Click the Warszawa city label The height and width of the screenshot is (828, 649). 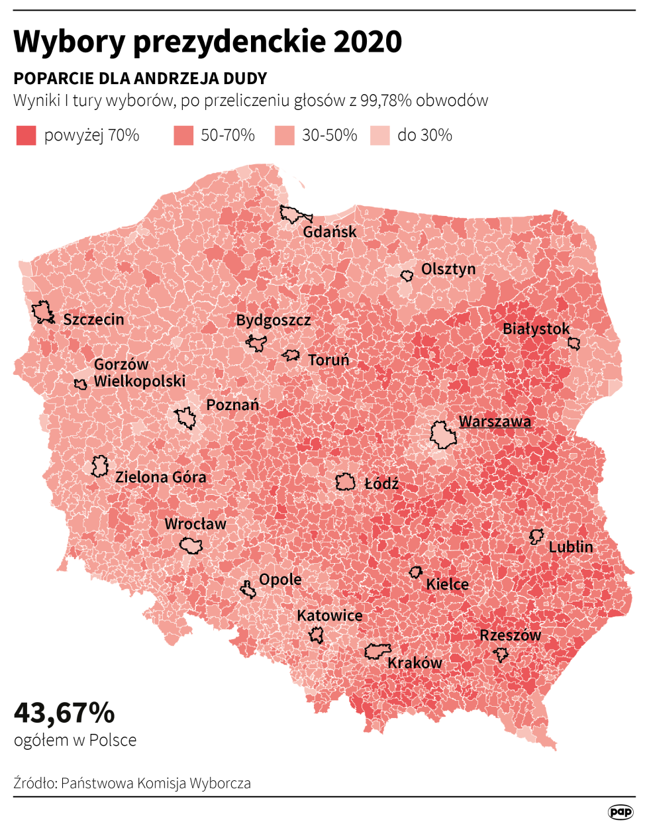[x=495, y=422]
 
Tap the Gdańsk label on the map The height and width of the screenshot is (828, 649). [x=329, y=232]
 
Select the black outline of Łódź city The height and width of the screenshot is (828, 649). [x=345, y=482]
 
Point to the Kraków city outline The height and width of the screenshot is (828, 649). [x=377, y=651]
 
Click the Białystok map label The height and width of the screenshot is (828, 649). [x=536, y=329]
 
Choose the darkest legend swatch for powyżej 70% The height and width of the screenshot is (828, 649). [x=26, y=136]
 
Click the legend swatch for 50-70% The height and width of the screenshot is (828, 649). [x=183, y=136]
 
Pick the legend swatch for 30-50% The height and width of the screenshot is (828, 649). [x=284, y=136]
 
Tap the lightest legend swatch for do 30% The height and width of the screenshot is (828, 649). [x=379, y=136]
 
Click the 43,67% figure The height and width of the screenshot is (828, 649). [x=64, y=713]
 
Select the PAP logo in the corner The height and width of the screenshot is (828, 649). [x=621, y=811]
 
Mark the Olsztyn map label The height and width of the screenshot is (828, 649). [x=448, y=269]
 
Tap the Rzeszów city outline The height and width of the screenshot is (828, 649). [x=501, y=654]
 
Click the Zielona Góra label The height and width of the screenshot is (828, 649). [x=160, y=477]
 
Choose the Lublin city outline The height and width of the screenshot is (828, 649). [x=536, y=536]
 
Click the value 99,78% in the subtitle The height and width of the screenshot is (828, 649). [x=386, y=101]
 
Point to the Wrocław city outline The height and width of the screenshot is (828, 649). [x=191, y=546]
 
